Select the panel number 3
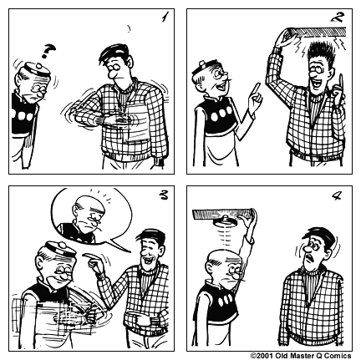point(162,199)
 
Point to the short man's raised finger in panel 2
point(257,99)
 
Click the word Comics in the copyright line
point(342,354)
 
